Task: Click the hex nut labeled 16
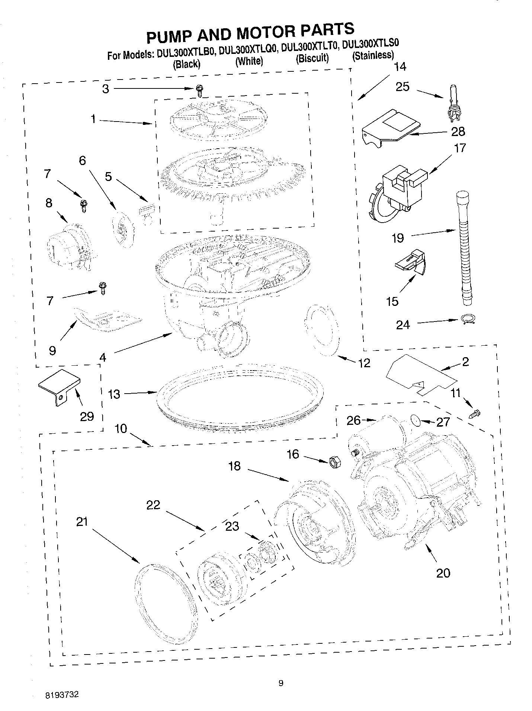(334, 463)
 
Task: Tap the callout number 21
(82, 521)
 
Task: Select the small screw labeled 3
(200, 90)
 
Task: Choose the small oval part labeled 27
(416, 420)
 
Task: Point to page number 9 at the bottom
(281, 682)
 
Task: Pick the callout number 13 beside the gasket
(114, 394)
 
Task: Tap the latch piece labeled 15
(411, 263)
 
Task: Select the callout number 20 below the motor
(443, 573)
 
